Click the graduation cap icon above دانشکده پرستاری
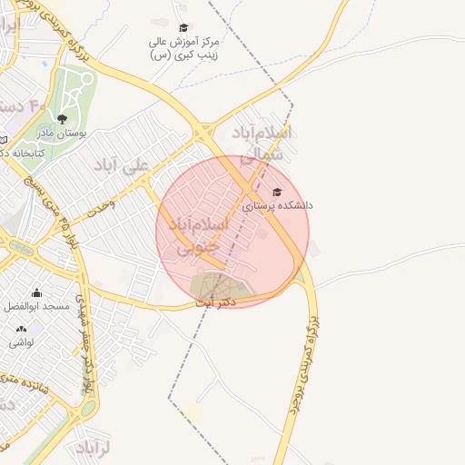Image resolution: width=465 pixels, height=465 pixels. pyautogui.click(x=277, y=192)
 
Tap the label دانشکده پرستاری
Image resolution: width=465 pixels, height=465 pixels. pyautogui.click(x=277, y=206)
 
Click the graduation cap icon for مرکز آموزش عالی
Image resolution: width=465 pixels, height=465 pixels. pyautogui.click(x=183, y=28)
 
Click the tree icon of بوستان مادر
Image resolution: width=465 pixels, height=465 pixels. pyautogui.click(x=62, y=118)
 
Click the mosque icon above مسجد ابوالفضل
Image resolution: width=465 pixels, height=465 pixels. pyautogui.click(x=36, y=292)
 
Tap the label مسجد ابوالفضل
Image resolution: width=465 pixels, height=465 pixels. pyautogui.click(x=36, y=307)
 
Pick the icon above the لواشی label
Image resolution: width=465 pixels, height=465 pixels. pyautogui.click(x=21, y=328)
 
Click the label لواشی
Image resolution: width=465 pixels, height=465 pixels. pyautogui.click(x=21, y=342)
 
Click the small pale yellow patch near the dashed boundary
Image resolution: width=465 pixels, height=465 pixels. pyautogui.click(x=193, y=413)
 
